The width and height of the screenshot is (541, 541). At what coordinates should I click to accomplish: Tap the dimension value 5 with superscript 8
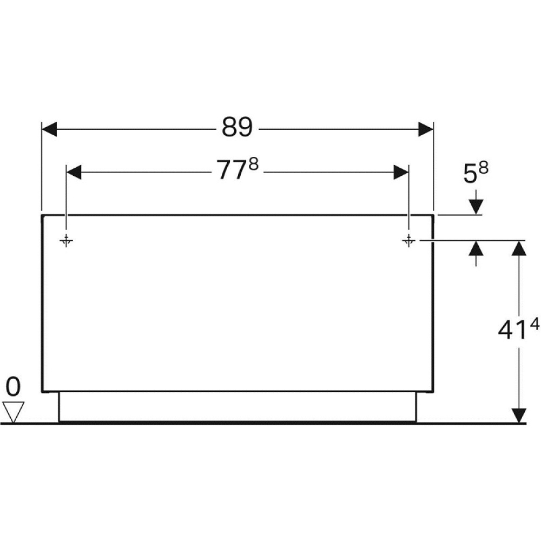click(476, 174)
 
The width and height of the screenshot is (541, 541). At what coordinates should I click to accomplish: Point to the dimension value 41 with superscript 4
click(518, 330)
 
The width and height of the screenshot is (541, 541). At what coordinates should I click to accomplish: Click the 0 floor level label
click(13, 387)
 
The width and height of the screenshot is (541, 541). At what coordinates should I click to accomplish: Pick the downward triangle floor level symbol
click(13, 412)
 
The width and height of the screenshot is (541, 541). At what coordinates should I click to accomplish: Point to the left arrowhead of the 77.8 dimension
click(74, 172)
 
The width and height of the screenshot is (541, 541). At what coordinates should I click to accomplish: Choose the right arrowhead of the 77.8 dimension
click(401, 172)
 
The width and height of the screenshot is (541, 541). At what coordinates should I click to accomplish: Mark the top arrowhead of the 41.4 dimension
click(519, 248)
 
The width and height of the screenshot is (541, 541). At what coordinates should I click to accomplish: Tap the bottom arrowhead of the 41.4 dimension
click(519, 415)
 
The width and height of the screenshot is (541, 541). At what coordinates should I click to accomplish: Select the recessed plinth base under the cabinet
click(237, 406)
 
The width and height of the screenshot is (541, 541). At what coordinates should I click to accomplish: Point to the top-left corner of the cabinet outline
click(43, 215)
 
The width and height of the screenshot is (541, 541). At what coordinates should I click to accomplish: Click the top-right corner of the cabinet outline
click(433, 215)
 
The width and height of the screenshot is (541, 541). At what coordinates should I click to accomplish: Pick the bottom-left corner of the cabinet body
click(43, 391)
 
